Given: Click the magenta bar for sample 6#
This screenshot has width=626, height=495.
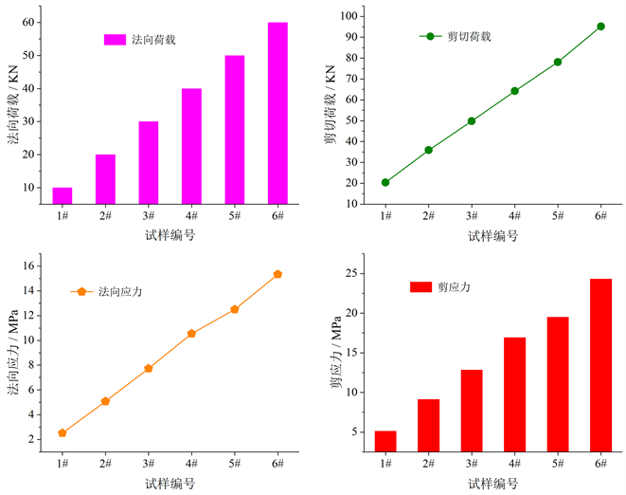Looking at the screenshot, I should click(277, 112).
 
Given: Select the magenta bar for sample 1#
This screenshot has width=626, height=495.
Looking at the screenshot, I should click(63, 195).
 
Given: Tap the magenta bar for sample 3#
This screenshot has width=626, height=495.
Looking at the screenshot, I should click(149, 162).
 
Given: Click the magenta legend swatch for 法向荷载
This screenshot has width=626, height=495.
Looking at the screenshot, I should click(115, 40).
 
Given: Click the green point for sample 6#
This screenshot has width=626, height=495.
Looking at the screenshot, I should click(600, 27).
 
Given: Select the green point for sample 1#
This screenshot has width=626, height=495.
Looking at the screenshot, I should click(385, 182).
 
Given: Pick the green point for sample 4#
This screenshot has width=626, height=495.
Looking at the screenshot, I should click(514, 91).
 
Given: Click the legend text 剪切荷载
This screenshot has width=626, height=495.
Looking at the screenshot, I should click(470, 37).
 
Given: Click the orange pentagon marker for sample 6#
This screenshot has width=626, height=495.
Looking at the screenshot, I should click(277, 274).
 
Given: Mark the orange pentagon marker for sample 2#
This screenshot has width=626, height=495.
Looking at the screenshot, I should click(105, 401).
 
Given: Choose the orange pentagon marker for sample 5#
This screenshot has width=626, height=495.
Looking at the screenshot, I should click(234, 309).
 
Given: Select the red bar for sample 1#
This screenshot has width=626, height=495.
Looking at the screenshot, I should click(385, 441).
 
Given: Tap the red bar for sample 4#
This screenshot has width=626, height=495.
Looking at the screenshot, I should click(514, 394).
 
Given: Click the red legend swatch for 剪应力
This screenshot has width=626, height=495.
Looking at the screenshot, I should click(420, 286).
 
